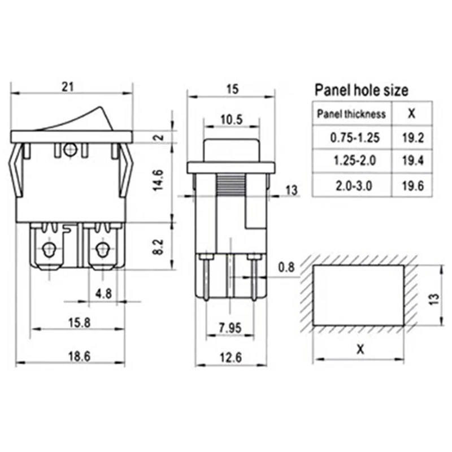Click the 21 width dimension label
click(x=68, y=86)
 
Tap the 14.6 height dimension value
click(x=158, y=180)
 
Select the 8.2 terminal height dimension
click(x=158, y=247)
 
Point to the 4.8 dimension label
click(x=103, y=294)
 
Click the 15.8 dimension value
click(x=79, y=323)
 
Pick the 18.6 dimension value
click(x=79, y=357)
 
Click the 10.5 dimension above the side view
click(x=232, y=119)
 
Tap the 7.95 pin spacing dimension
click(x=230, y=328)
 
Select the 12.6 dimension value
click(x=231, y=358)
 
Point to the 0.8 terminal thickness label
click(x=286, y=267)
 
